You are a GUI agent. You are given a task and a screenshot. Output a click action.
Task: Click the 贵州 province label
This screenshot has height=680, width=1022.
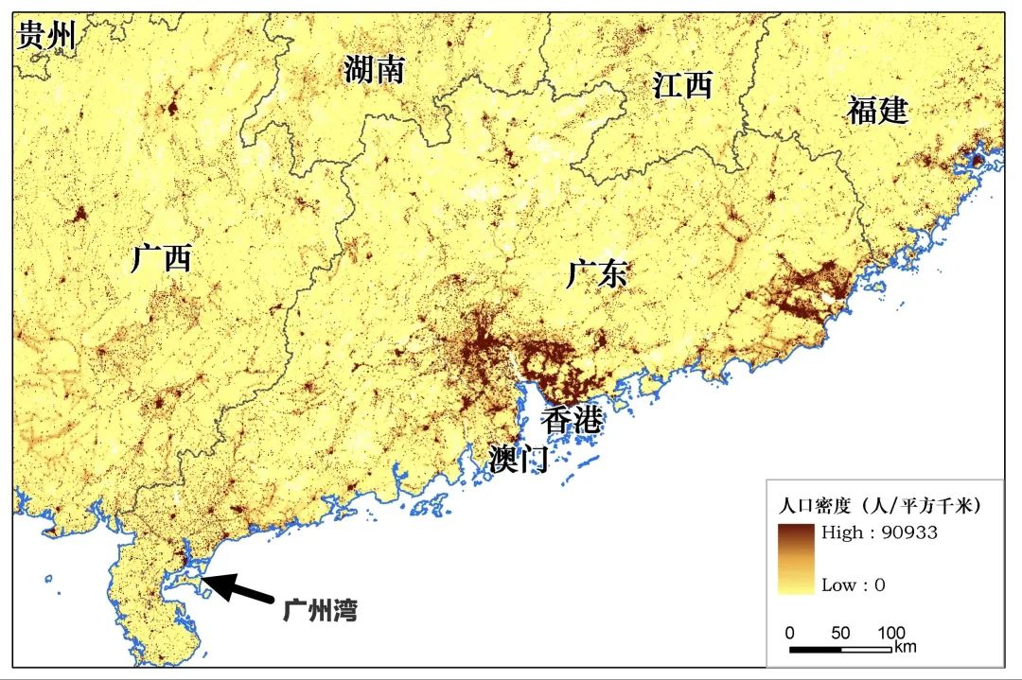[x=45, y=36]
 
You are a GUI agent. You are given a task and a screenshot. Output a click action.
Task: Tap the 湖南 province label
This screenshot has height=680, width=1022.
[x=374, y=69]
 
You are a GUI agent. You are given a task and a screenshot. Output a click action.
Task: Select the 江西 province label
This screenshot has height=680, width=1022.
[x=681, y=86]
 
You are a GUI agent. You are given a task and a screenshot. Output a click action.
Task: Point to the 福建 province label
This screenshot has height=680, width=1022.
[x=877, y=111]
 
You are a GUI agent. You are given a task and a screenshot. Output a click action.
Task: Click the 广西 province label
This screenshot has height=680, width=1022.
[x=161, y=257]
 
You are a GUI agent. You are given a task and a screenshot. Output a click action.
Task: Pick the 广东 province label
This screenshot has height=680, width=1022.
[x=596, y=274]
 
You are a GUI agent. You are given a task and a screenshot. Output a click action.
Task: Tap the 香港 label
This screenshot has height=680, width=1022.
[x=571, y=419]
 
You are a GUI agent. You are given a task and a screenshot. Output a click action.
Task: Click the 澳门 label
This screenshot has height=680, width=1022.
[x=519, y=460]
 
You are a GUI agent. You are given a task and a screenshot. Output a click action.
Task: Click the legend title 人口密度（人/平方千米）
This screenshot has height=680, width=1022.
[x=879, y=506]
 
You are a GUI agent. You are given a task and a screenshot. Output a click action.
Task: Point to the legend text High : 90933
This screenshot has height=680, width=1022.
[x=879, y=532]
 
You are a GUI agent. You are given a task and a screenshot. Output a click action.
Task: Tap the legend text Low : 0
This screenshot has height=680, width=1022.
[x=853, y=584]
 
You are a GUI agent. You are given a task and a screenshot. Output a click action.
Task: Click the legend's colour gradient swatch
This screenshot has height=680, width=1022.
[x=796, y=558]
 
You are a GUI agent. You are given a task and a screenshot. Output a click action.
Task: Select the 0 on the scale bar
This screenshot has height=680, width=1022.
[x=790, y=633]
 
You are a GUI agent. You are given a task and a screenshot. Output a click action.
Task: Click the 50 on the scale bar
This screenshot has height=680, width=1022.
[x=840, y=633]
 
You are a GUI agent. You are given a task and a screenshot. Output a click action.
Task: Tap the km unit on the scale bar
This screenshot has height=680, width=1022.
[x=905, y=647]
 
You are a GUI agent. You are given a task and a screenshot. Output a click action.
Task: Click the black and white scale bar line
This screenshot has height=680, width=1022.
[x=840, y=649]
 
